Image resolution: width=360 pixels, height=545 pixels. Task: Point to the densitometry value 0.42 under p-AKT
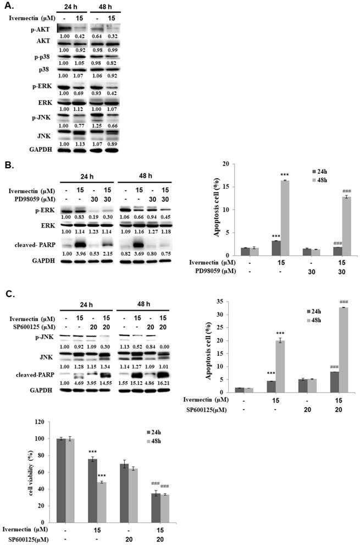(x=80, y=37)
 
